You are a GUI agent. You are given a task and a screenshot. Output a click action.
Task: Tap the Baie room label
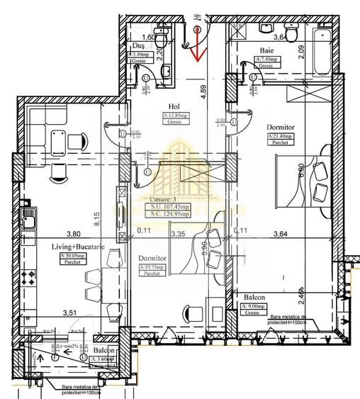(266, 50)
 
